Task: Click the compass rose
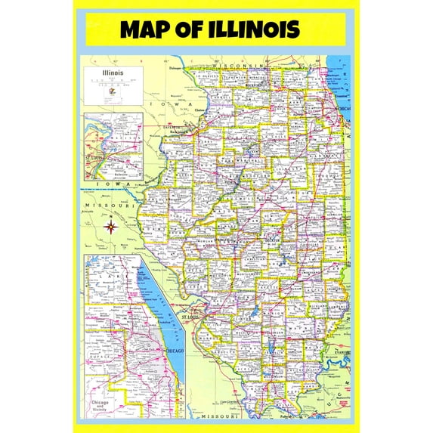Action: [x=112, y=225]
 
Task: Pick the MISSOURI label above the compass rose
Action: [x=99, y=205]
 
